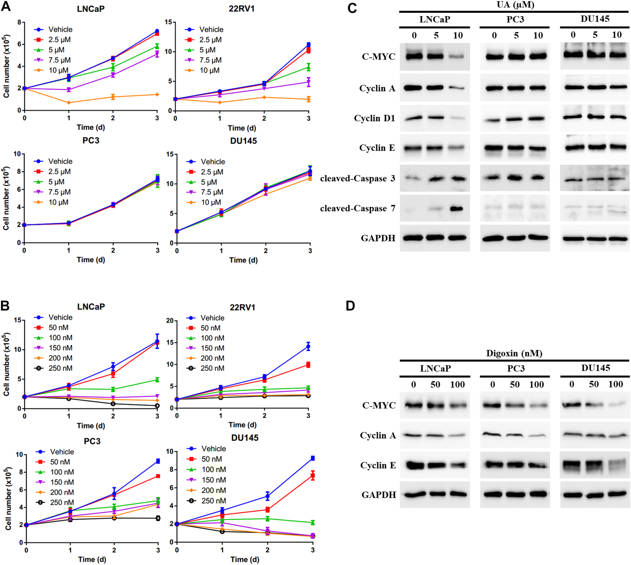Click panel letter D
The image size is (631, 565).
pyautogui.click(x=350, y=306)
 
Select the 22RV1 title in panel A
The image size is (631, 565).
pyautogui.click(x=241, y=9)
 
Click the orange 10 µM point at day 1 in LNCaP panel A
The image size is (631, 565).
pyautogui.click(x=69, y=103)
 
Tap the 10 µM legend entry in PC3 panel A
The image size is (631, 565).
pyautogui.click(x=58, y=202)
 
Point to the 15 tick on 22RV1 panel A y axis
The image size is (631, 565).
pyautogui.click(x=168, y=22)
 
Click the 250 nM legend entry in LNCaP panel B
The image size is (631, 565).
pyautogui.click(x=60, y=368)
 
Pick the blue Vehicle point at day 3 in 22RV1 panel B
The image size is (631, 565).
pyautogui.click(x=308, y=346)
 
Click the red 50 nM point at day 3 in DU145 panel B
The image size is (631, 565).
pyautogui.click(x=313, y=476)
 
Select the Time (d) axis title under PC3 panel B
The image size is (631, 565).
pyautogui.click(x=92, y=559)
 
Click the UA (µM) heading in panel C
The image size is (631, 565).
pyautogui.click(x=515, y=5)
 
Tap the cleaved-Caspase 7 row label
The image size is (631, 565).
pyautogui.click(x=358, y=208)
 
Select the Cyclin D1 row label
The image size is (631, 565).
pyautogui.click(x=374, y=118)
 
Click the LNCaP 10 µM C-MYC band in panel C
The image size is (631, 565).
pyautogui.click(x=458, y=57)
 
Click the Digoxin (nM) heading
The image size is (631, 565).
pyautogui.click(x=514, y=353)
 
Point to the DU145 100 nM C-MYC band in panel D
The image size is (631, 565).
pyautogui.click(x=616, y=404)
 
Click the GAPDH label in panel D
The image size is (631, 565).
pyautogui.click(x=379, y=495)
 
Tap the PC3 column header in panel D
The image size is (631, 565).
pyautogui.click(x=516, y=368)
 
